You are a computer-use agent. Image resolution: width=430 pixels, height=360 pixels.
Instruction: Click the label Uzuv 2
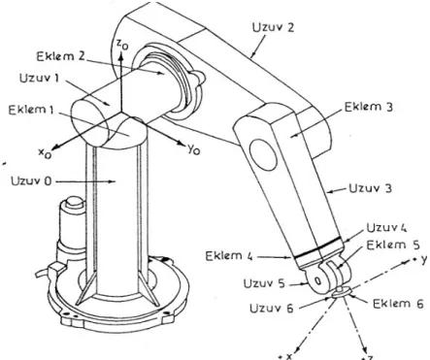click(273, 27)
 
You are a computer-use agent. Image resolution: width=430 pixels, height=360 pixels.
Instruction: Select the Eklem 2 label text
click(60, 56)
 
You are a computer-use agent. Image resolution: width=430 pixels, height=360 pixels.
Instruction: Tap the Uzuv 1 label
click(39, 78)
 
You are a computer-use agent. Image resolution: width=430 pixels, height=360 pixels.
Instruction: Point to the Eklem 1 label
click(31, 110)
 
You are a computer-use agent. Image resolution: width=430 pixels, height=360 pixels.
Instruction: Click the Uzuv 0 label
click(31, 180)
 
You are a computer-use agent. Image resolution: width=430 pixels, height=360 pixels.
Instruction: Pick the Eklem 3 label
click(369, 107)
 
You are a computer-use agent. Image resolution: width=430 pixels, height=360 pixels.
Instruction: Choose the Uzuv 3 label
click(370, 188)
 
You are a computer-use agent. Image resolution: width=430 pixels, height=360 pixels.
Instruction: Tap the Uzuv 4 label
click(386, 228)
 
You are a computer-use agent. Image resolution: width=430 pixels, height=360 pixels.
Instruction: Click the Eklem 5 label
click(393, 245)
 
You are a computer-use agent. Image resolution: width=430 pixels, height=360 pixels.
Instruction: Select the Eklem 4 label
click(228, 256)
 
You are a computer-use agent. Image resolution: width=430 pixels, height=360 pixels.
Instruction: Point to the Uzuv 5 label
click(264, 283)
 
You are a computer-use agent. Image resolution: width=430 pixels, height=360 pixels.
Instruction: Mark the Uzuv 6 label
click(272, 308)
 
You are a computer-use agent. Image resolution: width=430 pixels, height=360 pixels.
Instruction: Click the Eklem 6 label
click(398, 304)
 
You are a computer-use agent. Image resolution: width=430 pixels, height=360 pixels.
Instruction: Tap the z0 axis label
click(122, 45)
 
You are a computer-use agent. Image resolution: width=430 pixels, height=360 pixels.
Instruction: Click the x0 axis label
click(45, 153)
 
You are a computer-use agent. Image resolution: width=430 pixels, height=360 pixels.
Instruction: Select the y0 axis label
click(194, 149)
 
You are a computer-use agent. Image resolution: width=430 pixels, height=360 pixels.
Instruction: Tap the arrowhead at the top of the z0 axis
click(120, 57)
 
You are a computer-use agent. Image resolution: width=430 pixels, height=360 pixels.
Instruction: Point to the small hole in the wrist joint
click(317, 280)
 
